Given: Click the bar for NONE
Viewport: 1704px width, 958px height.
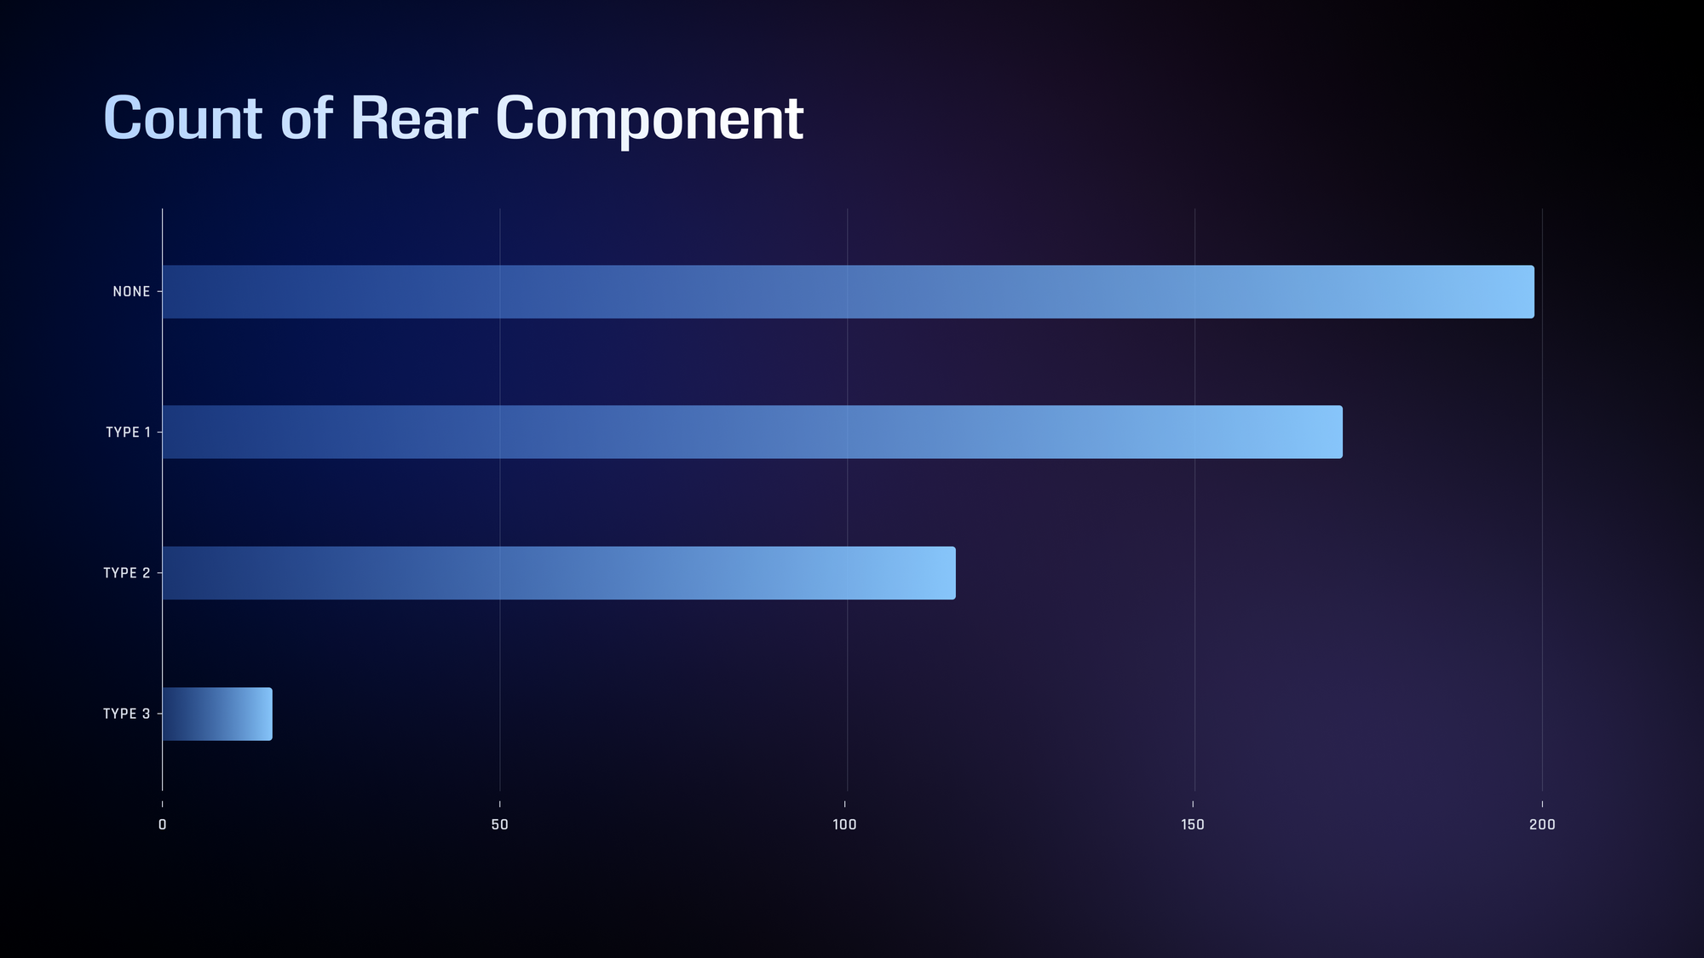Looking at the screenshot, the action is point(848,292).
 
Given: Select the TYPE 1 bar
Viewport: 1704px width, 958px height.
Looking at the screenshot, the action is point(752,432).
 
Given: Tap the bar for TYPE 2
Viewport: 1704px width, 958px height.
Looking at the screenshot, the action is point(559,573).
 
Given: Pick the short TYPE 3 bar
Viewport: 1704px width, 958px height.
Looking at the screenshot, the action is point(217,714).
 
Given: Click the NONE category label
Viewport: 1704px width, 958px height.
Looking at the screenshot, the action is point(131,292).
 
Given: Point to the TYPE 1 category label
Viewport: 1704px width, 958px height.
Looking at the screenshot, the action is point(128,433).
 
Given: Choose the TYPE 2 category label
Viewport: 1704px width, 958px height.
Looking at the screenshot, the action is point(127,573).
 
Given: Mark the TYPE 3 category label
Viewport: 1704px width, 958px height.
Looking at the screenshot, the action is point(127,714).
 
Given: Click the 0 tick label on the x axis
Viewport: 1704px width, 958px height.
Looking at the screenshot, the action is point(163,824).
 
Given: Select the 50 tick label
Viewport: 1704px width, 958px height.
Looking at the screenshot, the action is point(500,824).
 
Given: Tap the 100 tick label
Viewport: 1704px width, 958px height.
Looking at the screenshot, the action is point(844,824).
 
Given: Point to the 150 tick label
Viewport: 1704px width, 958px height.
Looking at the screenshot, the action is point(1193,824).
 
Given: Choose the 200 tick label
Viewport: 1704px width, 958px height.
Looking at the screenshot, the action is point(1542,824).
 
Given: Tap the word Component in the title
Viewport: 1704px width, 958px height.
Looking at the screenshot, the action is point(650,121).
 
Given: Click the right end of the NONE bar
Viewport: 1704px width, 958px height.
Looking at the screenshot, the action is point(1534,292).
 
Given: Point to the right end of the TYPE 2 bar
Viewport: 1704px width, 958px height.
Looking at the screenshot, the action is point(955,573).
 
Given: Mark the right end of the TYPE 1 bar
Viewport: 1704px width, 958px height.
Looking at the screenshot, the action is point(1342,432).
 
